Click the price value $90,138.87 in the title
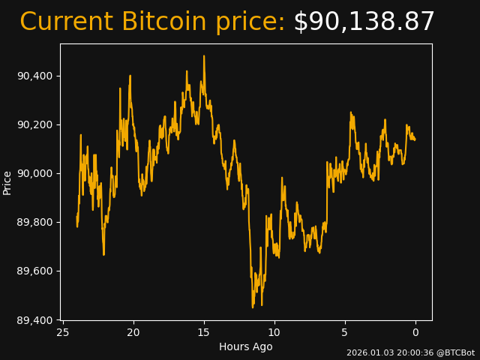(x=364, y=22)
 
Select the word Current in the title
(x=67, y=22)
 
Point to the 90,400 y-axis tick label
(x=34, y=76)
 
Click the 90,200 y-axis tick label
(x=34, y=124)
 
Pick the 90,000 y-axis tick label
(x=34, y=173)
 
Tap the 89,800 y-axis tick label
(x=34, y=222)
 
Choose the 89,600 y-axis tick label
(x=34, y=271)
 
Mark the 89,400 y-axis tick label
(x=34, y=320)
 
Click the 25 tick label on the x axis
(x=63, y=332)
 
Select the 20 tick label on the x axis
(x=133, y=332)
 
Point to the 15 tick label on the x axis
(x=203, y=332)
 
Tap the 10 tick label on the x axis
(x=274, y=332)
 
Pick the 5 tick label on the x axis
(x=345, y=332)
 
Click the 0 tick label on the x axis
(x=415, y=332)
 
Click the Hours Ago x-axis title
(x=246, y=346)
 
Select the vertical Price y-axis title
(x=7, y=182)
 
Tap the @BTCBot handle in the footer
(x=455, y=352)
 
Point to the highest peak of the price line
(x=203, y=55)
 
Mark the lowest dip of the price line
(x=253, y=307)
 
